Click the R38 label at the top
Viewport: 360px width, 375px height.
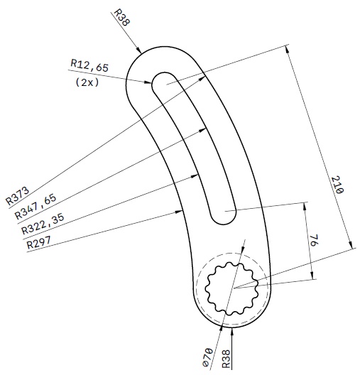point(122,17)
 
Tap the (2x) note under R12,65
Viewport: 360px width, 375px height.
point(86,82)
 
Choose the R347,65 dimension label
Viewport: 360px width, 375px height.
point(32,207)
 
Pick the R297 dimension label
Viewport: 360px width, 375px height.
point(40,243)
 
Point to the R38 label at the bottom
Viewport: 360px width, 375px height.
point(227,359)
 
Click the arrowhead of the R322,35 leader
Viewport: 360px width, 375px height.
point(197,175)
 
